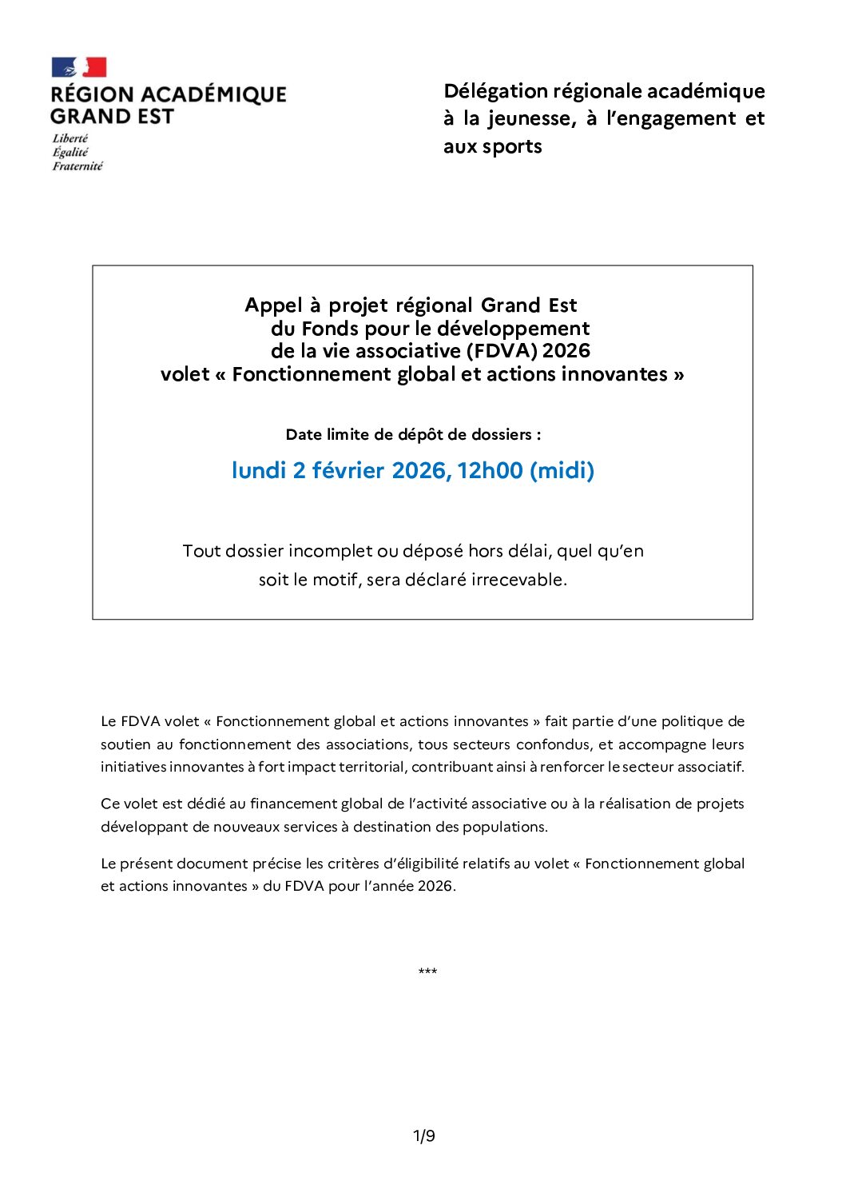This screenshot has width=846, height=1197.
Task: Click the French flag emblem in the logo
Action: (78, 67)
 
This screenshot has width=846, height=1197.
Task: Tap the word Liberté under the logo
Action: (70, 138)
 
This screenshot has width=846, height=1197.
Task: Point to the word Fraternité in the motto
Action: (77, 166)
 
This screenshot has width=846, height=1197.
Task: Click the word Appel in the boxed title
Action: (273, 305)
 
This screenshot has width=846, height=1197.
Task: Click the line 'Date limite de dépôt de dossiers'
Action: (413, 435)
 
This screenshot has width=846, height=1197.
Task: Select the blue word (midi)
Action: (562, 470)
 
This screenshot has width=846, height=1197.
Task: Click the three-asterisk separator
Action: (427, 972)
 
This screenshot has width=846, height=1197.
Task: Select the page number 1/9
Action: (423, 1136)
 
